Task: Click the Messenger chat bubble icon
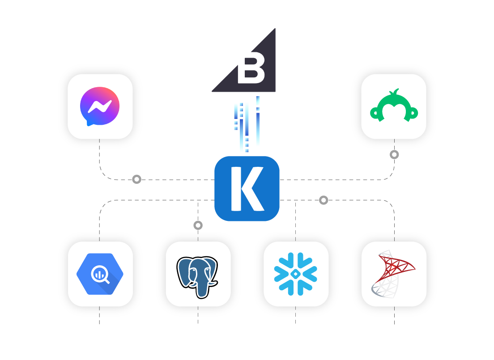(x=99, y=106)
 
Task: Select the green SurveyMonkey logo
(x=394, y=106)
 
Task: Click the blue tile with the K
(x=247, y=188)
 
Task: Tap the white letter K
(x=246, y=188)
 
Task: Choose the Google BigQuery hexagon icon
(x=100, y=274)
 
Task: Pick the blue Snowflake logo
(x=295, y=274)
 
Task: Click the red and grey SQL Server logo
(x=393, y=274)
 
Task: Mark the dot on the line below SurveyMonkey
(x=394, y=155)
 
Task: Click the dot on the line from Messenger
(x=136, y=179)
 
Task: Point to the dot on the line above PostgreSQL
(x=198, y=225)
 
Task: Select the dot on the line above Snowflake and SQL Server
(x=324, y=200)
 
